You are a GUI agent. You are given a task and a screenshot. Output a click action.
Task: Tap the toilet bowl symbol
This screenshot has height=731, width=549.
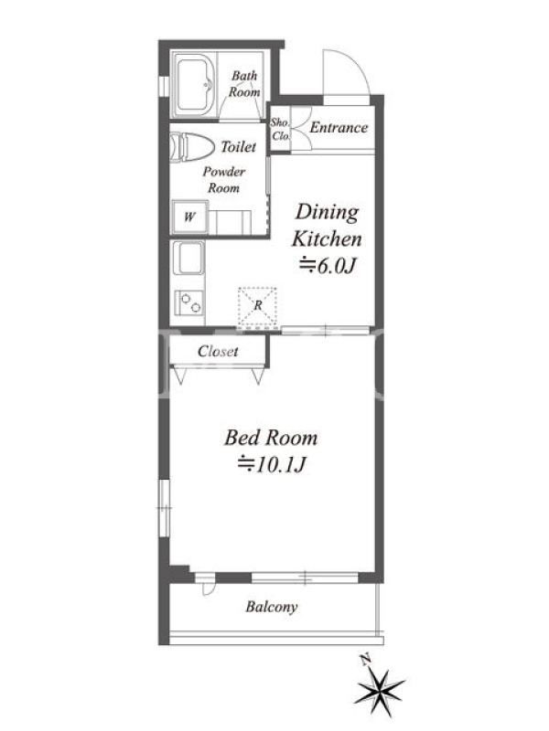tap(192, 147)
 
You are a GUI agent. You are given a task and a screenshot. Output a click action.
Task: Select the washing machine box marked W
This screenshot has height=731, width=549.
tap(189, 217)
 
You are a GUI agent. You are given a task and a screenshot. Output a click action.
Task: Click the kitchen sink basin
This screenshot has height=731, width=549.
tap(188, 258)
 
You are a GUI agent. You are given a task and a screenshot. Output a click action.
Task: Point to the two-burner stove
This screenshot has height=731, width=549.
tap(189, 302)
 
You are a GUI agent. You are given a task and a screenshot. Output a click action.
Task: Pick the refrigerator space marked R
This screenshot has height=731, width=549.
tap(258, 306)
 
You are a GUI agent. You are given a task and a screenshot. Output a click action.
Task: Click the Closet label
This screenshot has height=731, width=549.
tap(218, 351)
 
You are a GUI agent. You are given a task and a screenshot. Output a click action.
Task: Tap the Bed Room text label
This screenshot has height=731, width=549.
tap(271, 438)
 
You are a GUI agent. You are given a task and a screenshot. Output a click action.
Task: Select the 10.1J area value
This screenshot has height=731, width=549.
tap(272, 464)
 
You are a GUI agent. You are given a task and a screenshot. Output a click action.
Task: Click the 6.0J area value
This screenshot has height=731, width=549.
tap(328, 266)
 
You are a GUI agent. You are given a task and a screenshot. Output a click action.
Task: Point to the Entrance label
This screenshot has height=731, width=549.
tap(339, 127)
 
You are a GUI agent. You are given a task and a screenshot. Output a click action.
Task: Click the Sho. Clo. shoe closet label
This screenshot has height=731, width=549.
tap(280, 129)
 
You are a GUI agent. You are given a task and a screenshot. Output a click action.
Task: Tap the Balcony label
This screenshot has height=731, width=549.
tap(272, 607)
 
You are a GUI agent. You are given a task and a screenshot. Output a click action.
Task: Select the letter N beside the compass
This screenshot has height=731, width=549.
tap(365, 659)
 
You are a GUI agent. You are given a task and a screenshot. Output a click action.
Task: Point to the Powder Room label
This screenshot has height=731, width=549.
tap(224, 180)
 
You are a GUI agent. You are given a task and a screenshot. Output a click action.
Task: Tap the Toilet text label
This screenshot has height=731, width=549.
tap(239, 147)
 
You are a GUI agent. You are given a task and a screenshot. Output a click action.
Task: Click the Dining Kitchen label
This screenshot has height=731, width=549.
tap(327, 225)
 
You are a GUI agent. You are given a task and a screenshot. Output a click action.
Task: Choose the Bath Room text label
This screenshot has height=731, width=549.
tap(244, 84)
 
